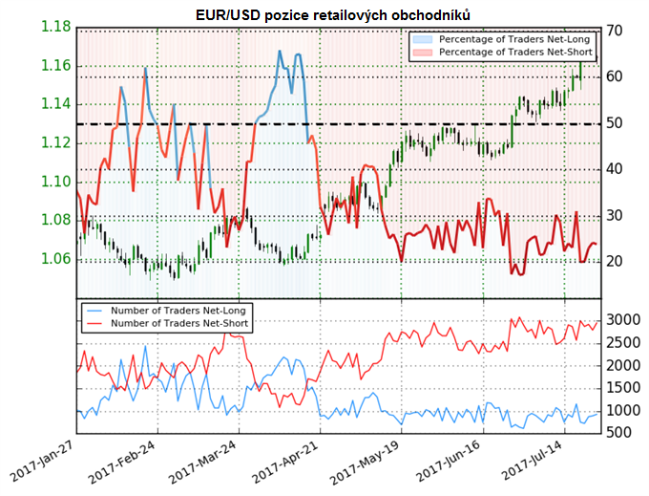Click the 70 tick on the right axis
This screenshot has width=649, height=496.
pyautogui.click(x=615, y=32)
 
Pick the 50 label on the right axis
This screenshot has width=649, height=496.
pyautogui.click(x=615, y=123)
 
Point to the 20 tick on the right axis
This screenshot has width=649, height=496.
pyautogui.click(x=615, y=261)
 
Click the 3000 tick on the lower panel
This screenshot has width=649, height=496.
pyautogui.click(x=620, y=319)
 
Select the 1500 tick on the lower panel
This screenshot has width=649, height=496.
pyautogui.click(x=620, y=388)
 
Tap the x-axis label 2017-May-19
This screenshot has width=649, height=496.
pyautogui.click(x=362, y=464)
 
